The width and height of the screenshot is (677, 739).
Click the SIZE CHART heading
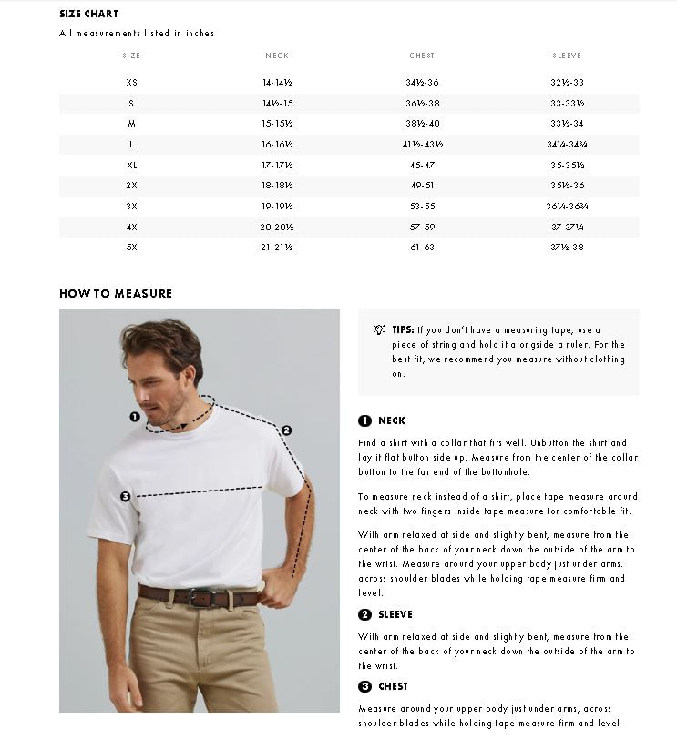(x=88, y=14)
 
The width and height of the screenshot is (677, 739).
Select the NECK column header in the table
(x=277, y=56)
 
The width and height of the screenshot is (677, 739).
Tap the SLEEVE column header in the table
(x=567, y=56)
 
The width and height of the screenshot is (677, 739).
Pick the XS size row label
(x=131, y=83)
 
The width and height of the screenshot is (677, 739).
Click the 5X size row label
(x=131, y=248)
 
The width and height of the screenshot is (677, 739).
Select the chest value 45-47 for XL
(x=422, y=166)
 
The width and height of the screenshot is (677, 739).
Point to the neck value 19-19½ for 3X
(x=277, y=207)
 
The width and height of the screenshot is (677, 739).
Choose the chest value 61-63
(x=422, y=248)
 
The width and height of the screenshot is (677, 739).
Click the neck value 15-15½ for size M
(x=277, y=124)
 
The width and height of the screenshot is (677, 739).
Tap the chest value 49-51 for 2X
(x=422, y=186)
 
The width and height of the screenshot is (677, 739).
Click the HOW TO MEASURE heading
(x=116, y=294)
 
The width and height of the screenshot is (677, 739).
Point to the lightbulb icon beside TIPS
(x=379, y=329)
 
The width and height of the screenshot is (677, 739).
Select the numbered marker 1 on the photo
(x=135, y=417)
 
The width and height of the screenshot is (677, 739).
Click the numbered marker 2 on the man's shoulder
(x=286, y=430)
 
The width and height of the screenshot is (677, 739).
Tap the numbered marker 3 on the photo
(x=125, y=496)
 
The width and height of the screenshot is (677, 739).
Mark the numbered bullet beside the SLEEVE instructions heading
(x=364, y=615)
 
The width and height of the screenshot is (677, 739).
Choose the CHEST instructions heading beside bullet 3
(x=393, y=687)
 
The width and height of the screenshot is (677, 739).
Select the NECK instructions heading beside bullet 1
(x=392, y=421)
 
